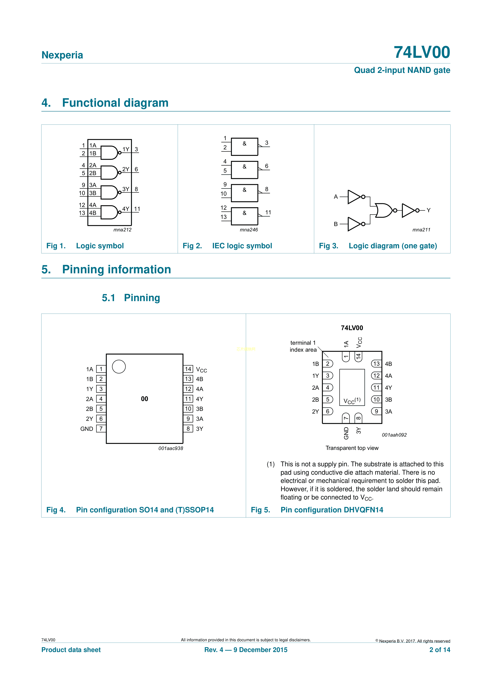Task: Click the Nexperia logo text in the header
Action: click(62, 55)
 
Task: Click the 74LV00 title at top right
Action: click(422, 52)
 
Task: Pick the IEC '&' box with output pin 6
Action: click(244, 170)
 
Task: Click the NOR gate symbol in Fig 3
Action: click(384, 210)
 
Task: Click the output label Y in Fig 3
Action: click(428, 210)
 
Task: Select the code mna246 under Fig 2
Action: click(248, 230)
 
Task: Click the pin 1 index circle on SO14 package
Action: click(119, 366)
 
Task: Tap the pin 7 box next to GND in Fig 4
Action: click(101, 429)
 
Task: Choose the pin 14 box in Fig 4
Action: click(188, 369)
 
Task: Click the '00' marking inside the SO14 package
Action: click(145, 399)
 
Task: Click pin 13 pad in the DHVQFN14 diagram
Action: click(376, 364)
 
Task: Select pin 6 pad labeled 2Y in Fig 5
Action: click(328, 411)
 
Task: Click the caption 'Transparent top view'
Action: click(352, 448)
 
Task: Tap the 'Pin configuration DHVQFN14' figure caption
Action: click(332, 510)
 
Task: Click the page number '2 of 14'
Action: click(440, 650)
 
